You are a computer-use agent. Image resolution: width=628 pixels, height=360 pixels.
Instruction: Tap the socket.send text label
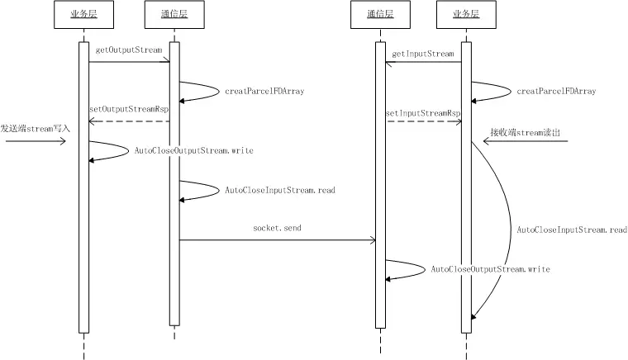coord(277,226)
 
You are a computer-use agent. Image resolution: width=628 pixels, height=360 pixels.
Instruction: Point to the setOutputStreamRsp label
coord(128,110)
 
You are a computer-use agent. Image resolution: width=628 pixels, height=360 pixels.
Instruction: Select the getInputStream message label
coord(423,54)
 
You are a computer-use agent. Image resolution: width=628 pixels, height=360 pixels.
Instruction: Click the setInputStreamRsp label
coord(423,112)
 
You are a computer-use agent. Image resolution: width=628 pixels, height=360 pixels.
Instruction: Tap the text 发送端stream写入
coord(36,129)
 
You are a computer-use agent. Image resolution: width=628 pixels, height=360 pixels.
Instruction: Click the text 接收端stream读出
coord(524,131)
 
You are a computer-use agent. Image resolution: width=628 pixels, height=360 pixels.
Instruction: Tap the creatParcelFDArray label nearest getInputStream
coord(556,91)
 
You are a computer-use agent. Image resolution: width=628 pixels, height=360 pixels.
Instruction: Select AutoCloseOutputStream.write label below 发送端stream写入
coord(194,151)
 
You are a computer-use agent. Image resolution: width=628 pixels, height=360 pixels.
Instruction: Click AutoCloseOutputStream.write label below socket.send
coord(490,269)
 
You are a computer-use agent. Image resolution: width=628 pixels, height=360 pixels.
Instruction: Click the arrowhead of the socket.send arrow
coord(373,240)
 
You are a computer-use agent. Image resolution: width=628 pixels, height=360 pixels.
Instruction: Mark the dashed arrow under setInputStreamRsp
coord(423,121)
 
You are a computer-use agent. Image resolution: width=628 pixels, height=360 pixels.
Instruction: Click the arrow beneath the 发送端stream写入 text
coord(35,141)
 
